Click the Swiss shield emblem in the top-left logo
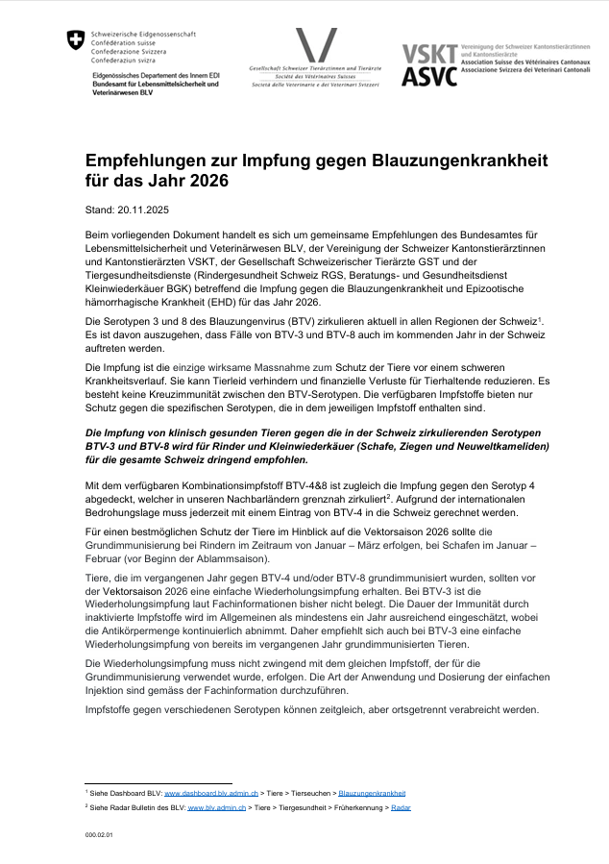pos(76,41)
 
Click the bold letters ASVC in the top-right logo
pos(429,77)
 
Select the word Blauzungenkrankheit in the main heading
pos(447,160)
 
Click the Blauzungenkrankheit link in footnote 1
pos(372,793)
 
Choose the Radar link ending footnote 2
pos(402,808)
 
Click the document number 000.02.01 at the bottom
pos(99,835)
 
